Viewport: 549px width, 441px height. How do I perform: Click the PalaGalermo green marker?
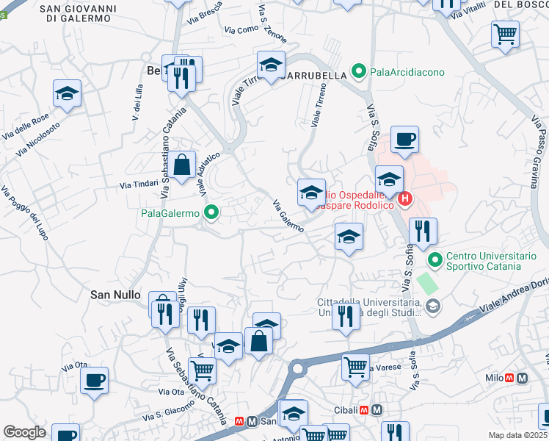212,214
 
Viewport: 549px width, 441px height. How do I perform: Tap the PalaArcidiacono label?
402,71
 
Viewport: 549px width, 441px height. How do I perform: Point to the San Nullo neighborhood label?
114,294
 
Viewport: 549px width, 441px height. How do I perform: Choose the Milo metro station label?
492,378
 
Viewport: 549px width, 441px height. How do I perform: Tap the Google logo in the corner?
24,432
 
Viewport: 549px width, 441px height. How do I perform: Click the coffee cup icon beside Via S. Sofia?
404,139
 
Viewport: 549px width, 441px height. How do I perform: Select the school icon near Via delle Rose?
68,93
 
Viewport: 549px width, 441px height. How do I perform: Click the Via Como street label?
241,29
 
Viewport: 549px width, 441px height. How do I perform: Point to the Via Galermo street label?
288,216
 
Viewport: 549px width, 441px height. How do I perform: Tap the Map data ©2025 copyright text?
517,435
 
